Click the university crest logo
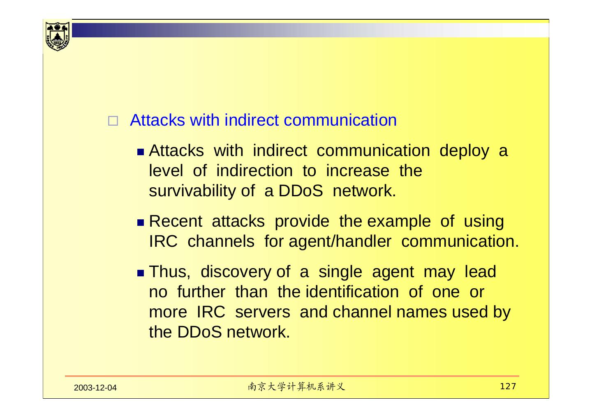tap(57, 35)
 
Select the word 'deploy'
tap(465, 152)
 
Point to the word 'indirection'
tap(254, 171)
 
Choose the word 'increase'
tap(357, 171)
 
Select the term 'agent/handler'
tap(340, 242)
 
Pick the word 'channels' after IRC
tap(221, 242)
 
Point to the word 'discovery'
tap(236, 272)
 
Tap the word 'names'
tap(422, 312)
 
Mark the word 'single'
tap(340, 272)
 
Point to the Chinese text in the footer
tap(297, 387)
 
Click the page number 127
tap(508, 387)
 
